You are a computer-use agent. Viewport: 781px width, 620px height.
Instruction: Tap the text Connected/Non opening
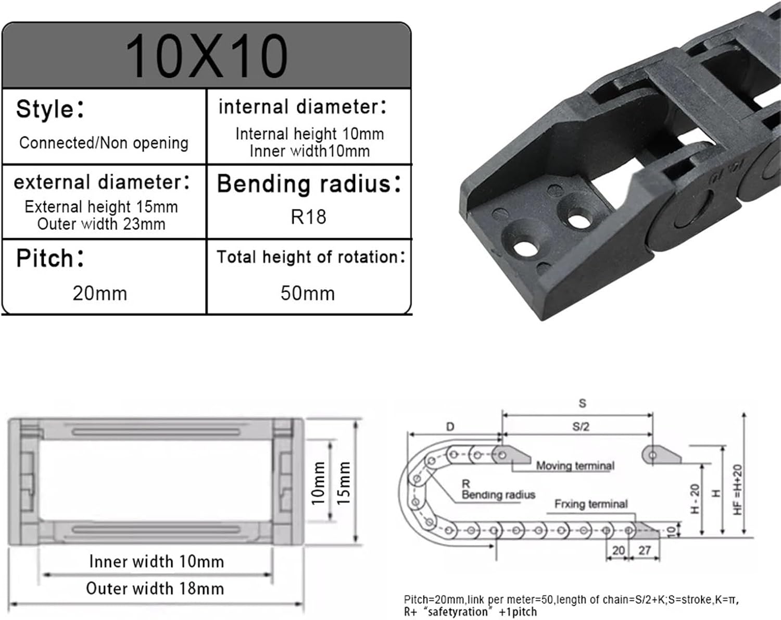point(104,143)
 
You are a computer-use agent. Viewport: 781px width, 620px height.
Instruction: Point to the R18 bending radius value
point(308,217)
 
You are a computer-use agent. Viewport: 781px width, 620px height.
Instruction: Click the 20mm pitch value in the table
point(100,293)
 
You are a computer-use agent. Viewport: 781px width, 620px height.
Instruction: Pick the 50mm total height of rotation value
point(308,293)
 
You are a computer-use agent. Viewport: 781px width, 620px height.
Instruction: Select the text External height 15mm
point(101,207)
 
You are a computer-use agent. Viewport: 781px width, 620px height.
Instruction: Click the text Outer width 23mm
point(101,224)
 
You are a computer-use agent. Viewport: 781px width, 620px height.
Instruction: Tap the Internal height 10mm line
point(309,134)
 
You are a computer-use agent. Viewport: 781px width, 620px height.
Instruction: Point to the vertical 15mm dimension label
point(344,482)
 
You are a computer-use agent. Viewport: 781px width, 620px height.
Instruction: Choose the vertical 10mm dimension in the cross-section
point(318,482)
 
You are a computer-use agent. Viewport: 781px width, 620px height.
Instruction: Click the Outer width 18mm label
point(155,588)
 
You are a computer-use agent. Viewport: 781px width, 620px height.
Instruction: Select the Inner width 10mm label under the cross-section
point(156,562)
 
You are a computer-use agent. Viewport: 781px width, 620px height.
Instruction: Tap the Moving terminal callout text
point(575,466)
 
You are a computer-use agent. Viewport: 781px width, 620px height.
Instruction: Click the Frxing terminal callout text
point(590,504)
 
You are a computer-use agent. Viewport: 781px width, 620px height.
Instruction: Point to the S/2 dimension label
point(581,427)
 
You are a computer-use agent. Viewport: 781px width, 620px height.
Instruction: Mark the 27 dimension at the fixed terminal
point(645,550)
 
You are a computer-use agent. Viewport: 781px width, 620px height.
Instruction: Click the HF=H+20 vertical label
point(737,490)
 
